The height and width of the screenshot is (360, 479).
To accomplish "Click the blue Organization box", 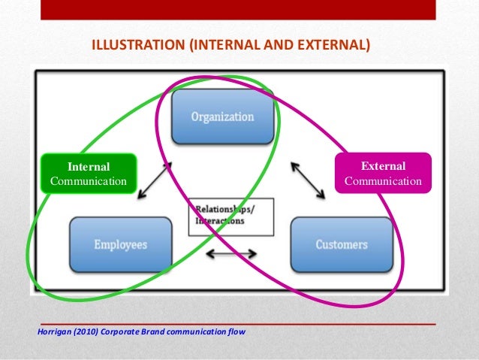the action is pyautogui.click(x=222, y=117).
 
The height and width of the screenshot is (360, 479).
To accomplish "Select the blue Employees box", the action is pyautogui.click(x=120, y=244).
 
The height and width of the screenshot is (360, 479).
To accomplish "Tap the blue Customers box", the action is pyautogui.click(x=342, y=244).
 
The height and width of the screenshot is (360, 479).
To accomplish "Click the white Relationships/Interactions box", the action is pyautogui.click(x=230, y=216).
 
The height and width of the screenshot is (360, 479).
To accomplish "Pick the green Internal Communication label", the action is pyautogui.click(x=89, y=174).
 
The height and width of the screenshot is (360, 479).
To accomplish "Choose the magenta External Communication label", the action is pyautogui.click(x=383, y=174).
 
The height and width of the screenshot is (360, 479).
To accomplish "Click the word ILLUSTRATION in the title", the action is pyautogui.click(x=139, y=45).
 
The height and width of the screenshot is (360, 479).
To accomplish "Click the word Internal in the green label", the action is pyautogui.click(x=89, y=167).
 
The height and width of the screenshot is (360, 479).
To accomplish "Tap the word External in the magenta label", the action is pyautogui.click(x=383, y=166).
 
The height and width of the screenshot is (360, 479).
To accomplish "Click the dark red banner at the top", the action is pyautogui.click(x=239, y=9).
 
